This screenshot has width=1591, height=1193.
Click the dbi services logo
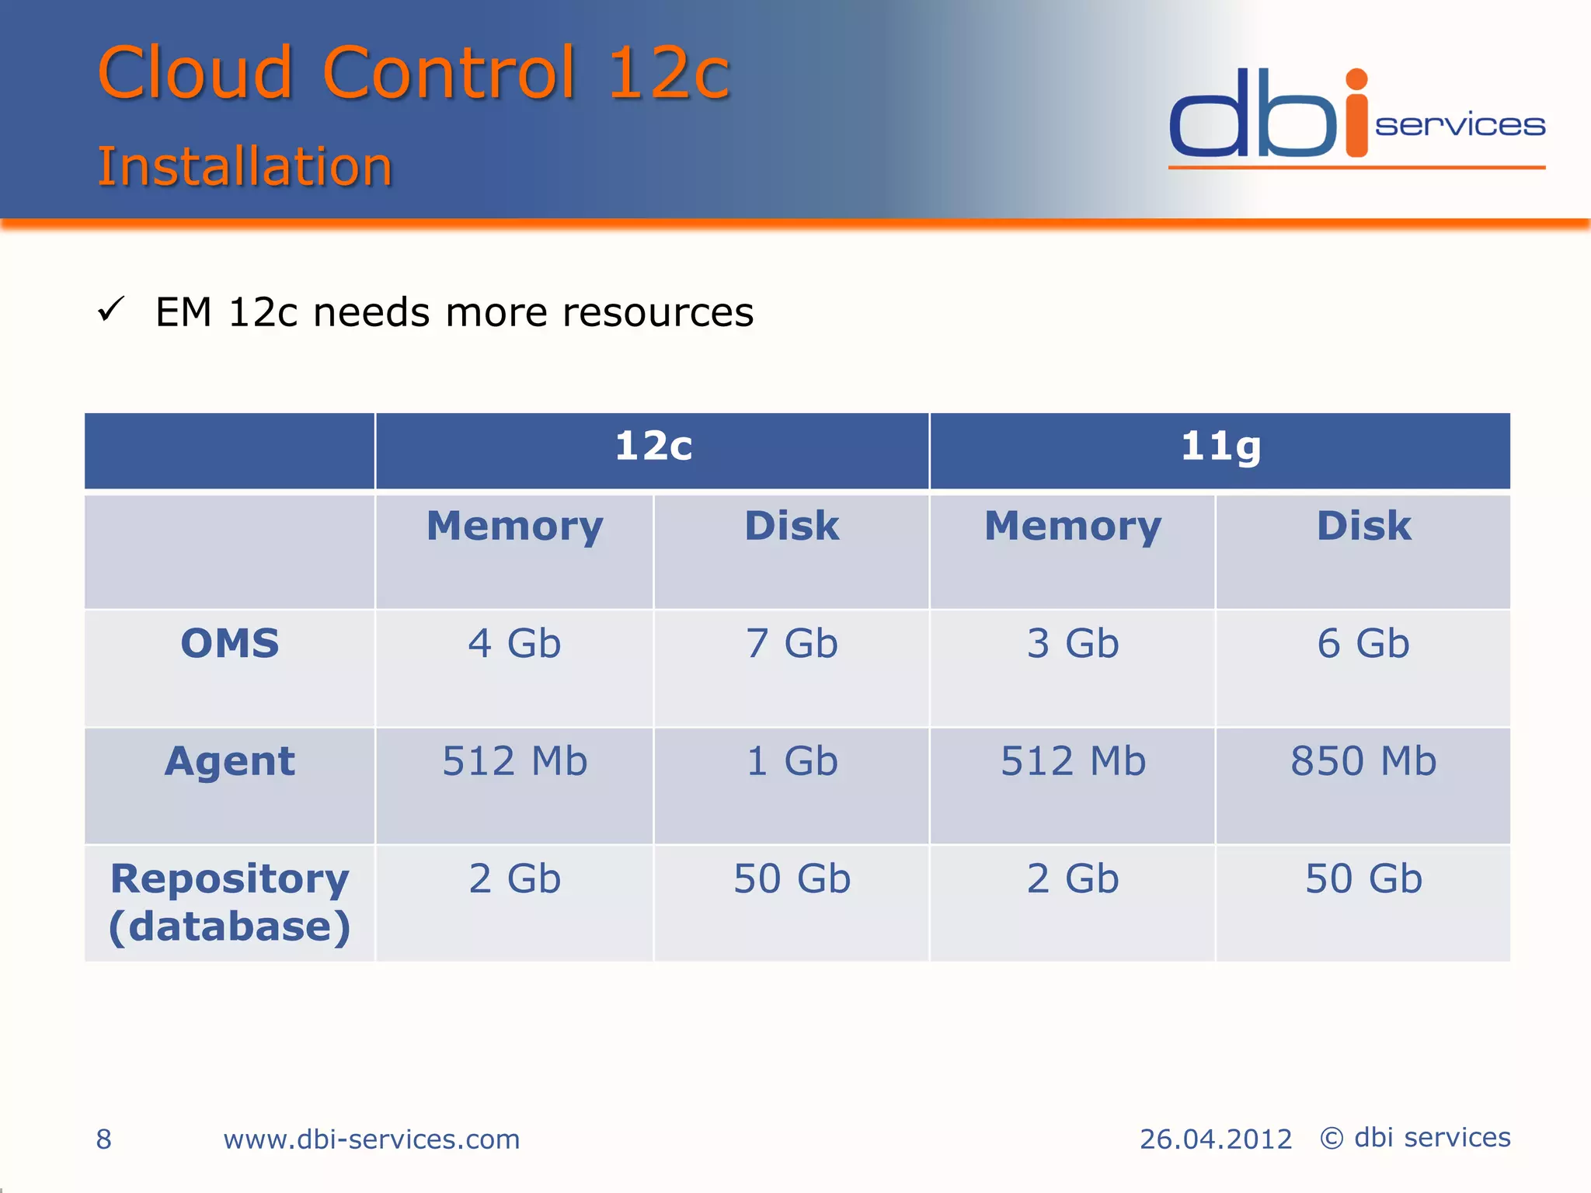coord(1356,117)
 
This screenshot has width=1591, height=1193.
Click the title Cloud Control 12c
coord(413,73)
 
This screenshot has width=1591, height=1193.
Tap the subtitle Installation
coord(245,166)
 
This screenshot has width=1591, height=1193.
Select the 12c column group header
coord(653,447)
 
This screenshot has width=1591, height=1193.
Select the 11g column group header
coord(1220,447)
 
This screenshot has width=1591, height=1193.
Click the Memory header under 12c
coord(514,527)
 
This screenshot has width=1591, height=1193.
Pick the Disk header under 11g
coord(1363,527)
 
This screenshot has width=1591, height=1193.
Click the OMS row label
coord(230,644)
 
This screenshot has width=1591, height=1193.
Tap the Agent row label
coord(230,761)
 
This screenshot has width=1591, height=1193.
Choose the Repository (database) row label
coord(230,903)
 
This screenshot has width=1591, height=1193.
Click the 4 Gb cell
coord(514,644)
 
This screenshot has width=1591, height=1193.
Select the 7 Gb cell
coord(792,644)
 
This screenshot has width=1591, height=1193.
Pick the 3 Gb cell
coord(1073,644)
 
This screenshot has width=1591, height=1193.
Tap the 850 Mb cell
coord(1363,761)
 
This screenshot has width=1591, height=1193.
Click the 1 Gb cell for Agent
coord(792,761)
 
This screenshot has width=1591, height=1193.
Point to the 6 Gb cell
coord(1363,644)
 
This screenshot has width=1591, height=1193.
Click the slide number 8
coord(104,1139)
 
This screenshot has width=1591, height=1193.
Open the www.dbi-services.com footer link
coord(371,1139)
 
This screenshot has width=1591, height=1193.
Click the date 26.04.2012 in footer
coord(1215,1139)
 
